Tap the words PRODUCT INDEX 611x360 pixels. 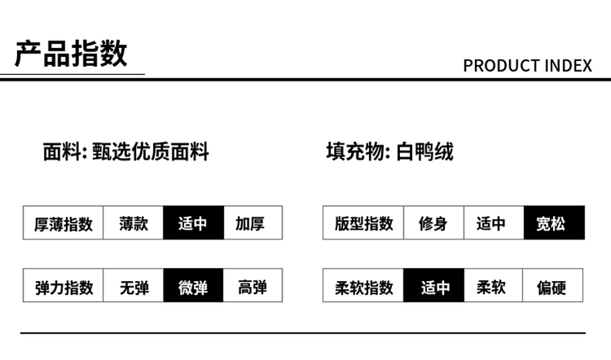click(x=527, y=66)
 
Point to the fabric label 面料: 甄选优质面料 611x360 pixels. click(x=126, y=151)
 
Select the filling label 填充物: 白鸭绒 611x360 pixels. click(x=390, y=151)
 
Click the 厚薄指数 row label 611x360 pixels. click(x=64, y=223)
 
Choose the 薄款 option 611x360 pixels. click(x=133, y=223)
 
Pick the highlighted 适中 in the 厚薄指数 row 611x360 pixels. click(x=193, y=223)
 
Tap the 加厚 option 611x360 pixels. click(x=252, y=223)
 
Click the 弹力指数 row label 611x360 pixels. click(x=64, y=287)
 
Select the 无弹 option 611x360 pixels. click(x=133, y=287)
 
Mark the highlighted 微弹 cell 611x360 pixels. click(x=193, y=287)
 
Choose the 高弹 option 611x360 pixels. click(x=252, y=287)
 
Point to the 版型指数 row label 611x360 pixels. click(x=364, y=223)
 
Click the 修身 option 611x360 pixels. click(x=433, y=223)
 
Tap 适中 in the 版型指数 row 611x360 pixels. click(x=492, y=223)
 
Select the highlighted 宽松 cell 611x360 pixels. click(x=553, y=223)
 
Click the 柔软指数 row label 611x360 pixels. click(x=364, y=287)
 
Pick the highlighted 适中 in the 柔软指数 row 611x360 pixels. click(x=433, y=287)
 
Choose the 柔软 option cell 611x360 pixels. click(x=492, y=287)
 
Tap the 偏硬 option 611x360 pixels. click(x=553, y=287)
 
